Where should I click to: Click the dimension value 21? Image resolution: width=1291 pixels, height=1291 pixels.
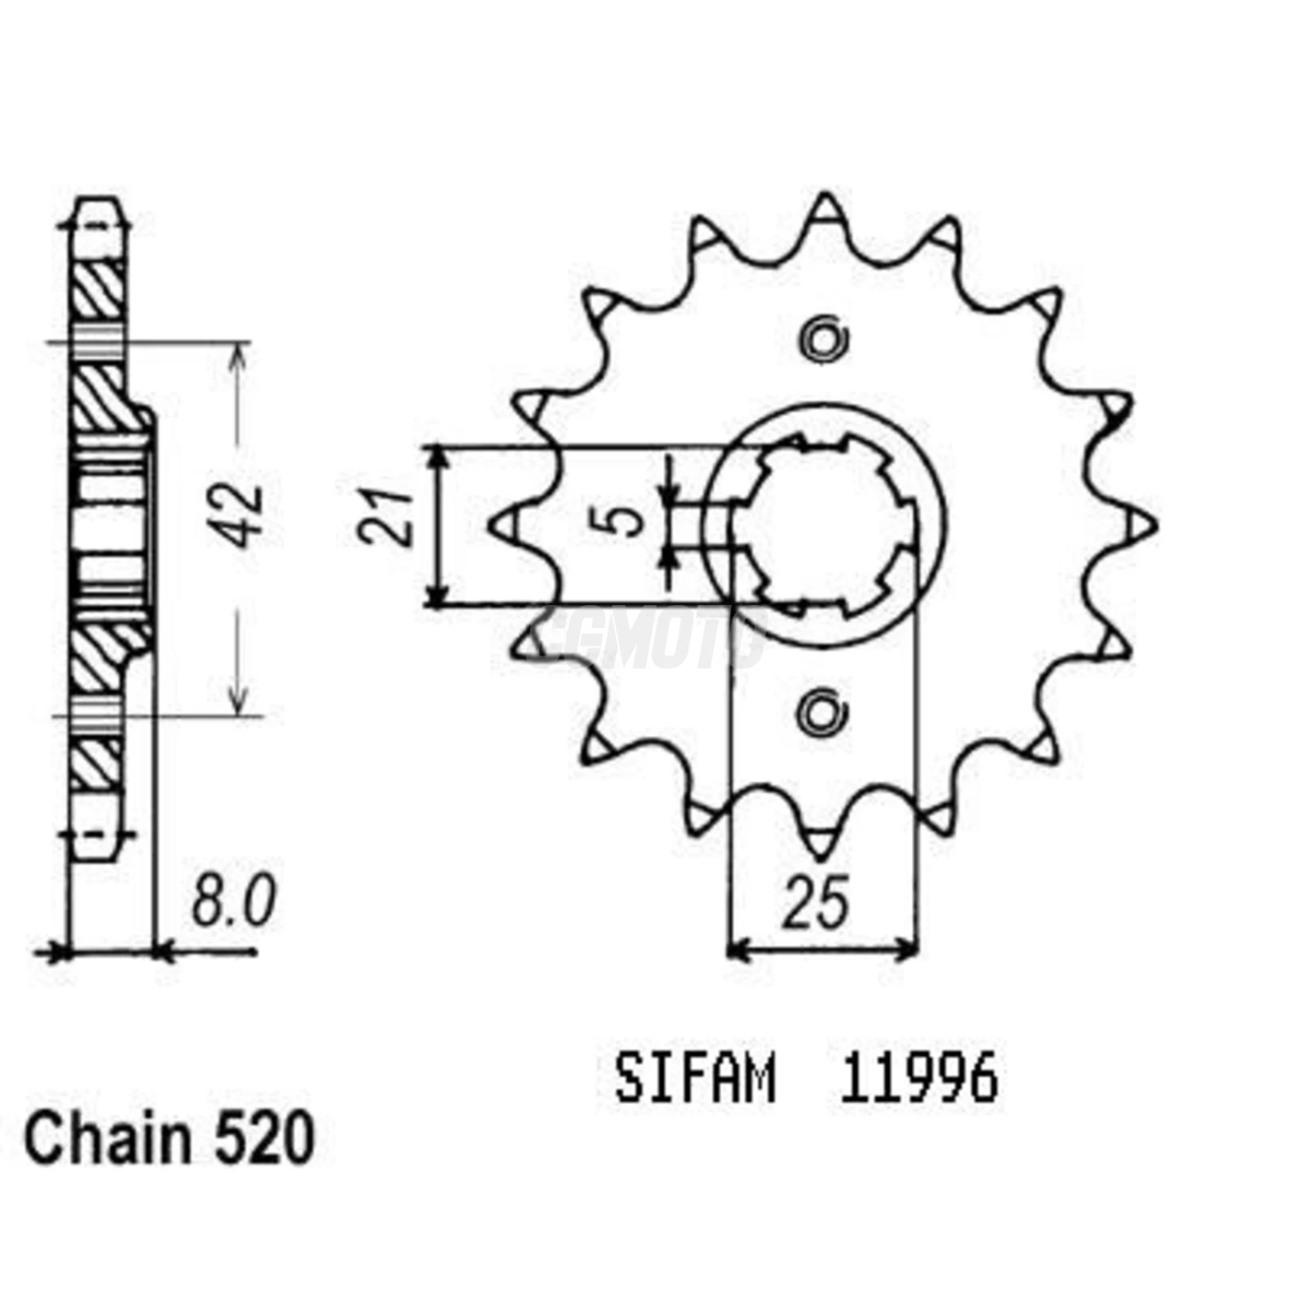pyautogui.click(x=389, y=518)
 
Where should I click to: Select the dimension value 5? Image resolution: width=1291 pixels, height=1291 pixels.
pyautogui.click(x=628, y=520)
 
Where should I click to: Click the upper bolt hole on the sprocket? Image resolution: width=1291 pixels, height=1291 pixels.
pyautogui.click(x=823, y=340)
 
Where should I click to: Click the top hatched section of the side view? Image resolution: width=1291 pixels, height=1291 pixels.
pyautogui.click(x=98, y=290)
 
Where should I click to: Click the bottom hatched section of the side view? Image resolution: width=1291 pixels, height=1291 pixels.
pyautogui.click(x=97, y=762)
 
